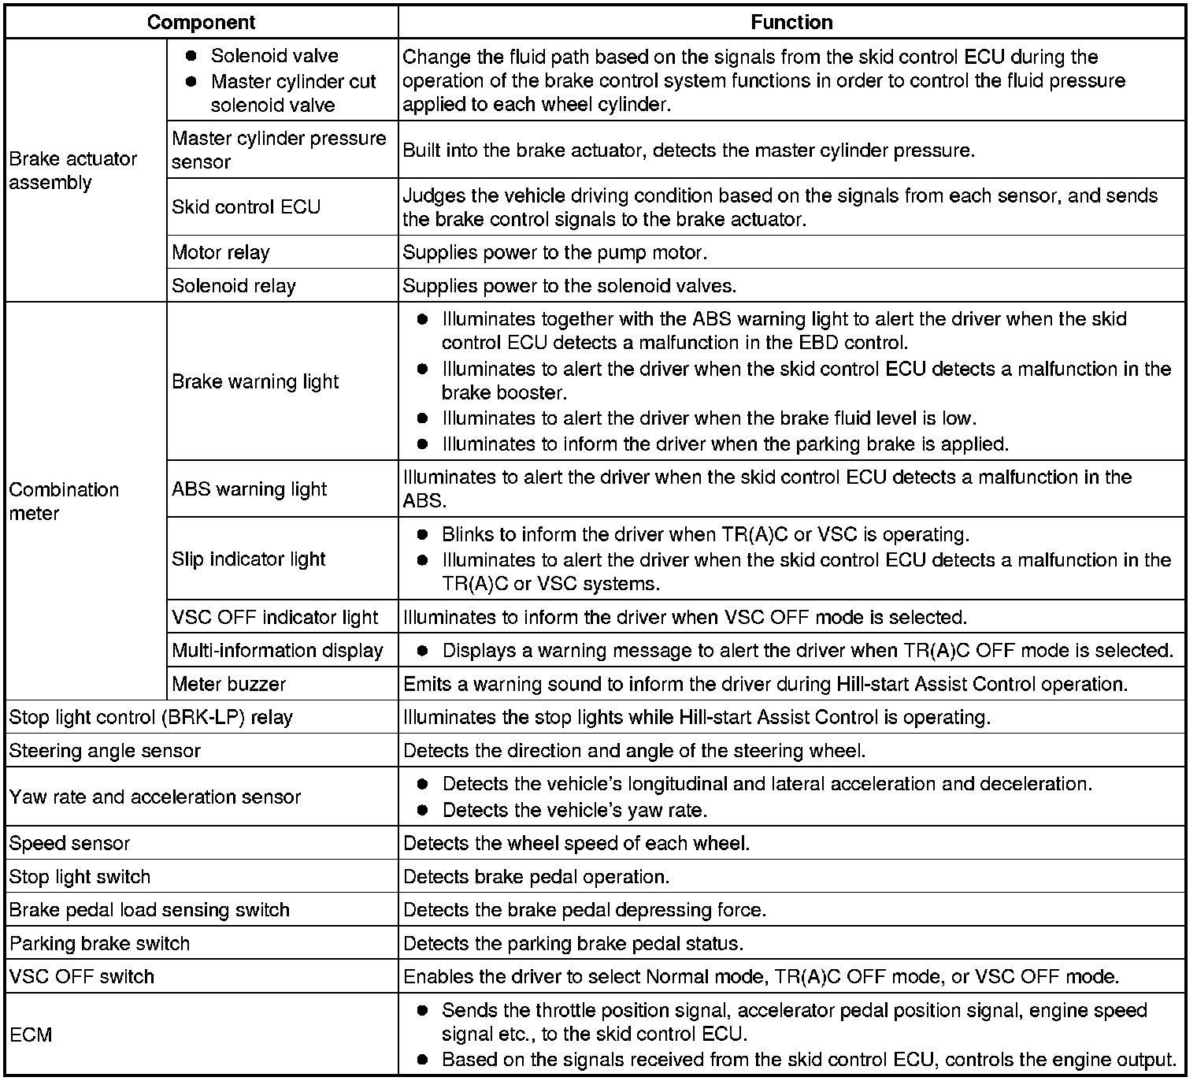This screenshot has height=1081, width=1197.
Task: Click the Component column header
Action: click(x=201, y=22)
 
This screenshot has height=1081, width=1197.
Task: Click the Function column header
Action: click(x=791, y=22)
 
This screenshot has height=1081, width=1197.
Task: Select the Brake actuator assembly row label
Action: click(x=72, y=170)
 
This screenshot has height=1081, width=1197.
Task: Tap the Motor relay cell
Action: click(x=220, y=252)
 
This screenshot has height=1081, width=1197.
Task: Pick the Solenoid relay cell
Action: click(x=233, y=285)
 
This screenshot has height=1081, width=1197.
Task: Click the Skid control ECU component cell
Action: click(x=246, y=206)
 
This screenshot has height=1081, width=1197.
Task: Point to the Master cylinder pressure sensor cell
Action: click(x=279, y=150)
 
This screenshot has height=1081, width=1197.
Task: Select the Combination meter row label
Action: click(x=64, y=501)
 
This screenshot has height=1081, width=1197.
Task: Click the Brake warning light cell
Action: click(x=255, y=381)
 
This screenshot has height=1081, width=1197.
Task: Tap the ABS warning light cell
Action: click(x=249, y=488)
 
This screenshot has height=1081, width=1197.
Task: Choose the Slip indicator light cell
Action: click(x=248, y=559)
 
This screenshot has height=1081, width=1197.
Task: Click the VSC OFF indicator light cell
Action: click(x=275, y=617)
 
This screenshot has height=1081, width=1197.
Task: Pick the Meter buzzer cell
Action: click(x=228, y=684)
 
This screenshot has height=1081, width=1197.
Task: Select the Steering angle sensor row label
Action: click(x=105, y=751)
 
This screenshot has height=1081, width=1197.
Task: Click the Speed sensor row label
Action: click(x=69, y=843)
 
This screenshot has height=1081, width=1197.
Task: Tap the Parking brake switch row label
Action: click(x=99, y=943)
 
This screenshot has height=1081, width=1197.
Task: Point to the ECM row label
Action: click(x=31, y=1034)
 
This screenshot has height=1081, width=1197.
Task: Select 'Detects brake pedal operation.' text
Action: click(x=536, y=876)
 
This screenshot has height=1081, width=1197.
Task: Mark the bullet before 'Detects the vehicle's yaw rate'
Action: click(x=423, y=810)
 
